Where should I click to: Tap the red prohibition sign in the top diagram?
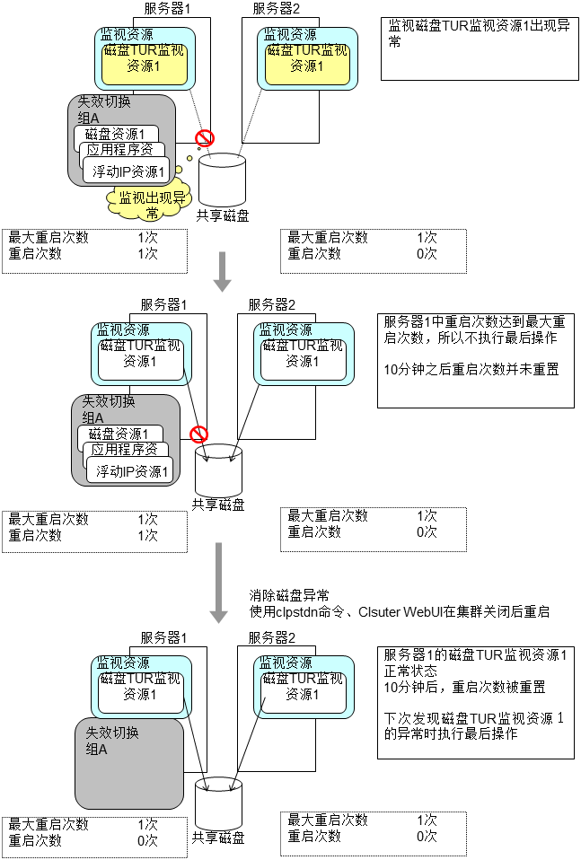[x=206, y=137]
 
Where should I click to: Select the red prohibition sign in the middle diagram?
[x=199, y=434]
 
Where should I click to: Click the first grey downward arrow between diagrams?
[x=222, y=272]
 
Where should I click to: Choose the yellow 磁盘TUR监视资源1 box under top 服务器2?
[x=308, y=57]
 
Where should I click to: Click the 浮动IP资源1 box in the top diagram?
[x=129, y=171]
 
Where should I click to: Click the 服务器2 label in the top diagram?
[x=277, y=9]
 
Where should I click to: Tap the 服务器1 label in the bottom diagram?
[x=163, y=636]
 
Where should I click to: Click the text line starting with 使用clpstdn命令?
[x=399, y=611]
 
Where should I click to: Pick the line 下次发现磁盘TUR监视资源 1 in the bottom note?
[x=473, y=718]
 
